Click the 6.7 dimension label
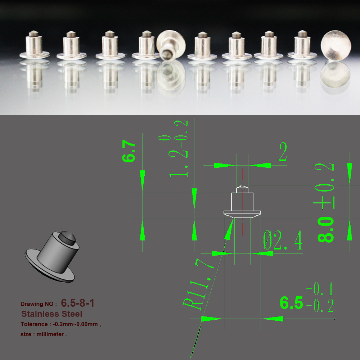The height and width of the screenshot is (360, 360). click(x=129, y=151)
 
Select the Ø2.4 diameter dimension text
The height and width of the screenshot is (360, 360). click(x=283, y=240)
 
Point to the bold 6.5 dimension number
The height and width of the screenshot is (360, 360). click(x=291, y=303)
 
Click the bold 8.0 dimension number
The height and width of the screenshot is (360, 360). click(x=326, y=229)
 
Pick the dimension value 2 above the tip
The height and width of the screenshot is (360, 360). click(x=283, y=152)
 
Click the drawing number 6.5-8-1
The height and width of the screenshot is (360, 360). click(x=78, y=303)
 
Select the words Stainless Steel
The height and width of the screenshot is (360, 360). click(x=51, y=314)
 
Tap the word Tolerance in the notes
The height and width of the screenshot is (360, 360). click(x=34, y=324)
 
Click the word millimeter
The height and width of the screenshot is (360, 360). click(x=50, y=334)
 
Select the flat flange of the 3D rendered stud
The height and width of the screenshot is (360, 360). click(x=50, y=266)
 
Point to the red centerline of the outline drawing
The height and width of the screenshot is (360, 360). click(x=242, y=202)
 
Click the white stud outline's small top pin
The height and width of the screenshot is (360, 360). click(x=242, y=190)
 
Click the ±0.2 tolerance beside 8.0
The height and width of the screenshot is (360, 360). click(x=324, y=186)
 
